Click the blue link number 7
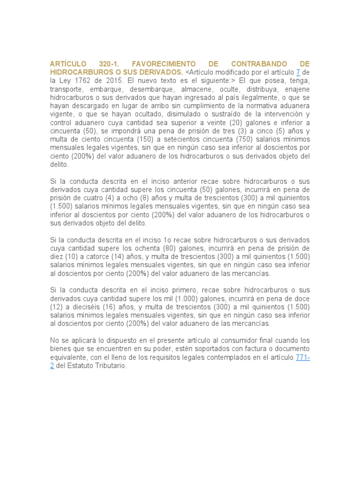298,72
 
